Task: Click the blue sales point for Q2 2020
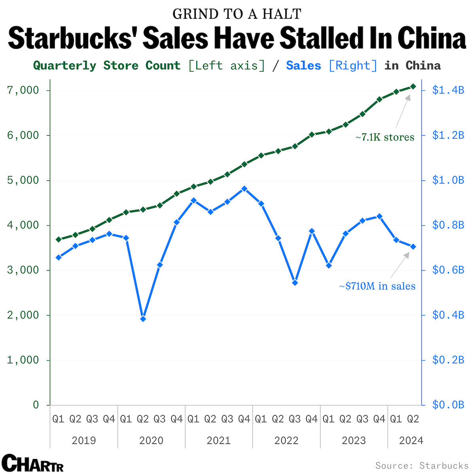pos(143,319)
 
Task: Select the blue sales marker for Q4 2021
pos(244,189)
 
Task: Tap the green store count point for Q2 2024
pos(413,86)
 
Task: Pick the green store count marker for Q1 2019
pos(59,239)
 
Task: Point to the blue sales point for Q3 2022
pos(295,283)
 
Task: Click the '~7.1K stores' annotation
pos(385,137)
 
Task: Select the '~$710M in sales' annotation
pos(377,286)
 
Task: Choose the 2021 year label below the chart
pos(218,440)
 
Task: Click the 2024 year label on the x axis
pos(411,440)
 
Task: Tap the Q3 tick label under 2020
pos(160,419)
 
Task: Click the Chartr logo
pos(32,463)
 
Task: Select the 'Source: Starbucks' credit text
pos(422,465)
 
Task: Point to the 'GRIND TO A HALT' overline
pos(237,14)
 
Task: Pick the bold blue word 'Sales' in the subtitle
pos(303,65)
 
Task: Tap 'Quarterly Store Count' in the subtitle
pos(107,65)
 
